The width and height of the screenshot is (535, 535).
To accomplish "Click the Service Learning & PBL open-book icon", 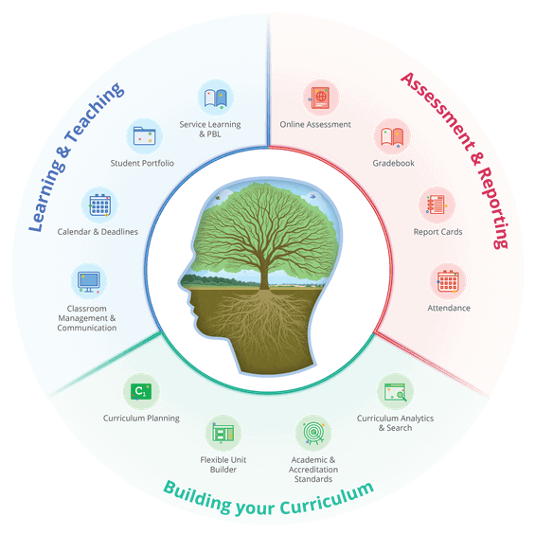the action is (x=216, y=98).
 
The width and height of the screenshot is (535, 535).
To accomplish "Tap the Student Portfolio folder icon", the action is (x=144, y=136).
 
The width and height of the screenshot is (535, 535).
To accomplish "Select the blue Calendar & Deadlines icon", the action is (x=99, y=205).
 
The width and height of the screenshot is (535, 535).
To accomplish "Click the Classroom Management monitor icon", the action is (x=89, y=281).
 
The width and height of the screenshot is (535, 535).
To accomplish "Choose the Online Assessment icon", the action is (x=321, y=98).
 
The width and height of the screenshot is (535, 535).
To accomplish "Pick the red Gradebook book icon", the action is (x=392, y=136).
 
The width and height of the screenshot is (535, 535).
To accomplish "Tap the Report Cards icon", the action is (x=437, y=205).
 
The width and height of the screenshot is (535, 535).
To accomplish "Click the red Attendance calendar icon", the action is (x=448, y=281).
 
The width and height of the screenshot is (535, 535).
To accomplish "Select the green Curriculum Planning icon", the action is (x=141, y=391).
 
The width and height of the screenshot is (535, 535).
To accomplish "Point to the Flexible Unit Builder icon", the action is (x=223, y=433).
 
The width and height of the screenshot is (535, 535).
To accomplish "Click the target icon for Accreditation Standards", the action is (x=313, y=433).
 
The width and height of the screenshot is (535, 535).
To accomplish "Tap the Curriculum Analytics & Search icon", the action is (x=395, y=391).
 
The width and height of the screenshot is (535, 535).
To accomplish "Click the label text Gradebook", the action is (x=393, y=163).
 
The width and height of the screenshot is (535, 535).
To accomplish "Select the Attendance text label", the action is (x=449, y=308).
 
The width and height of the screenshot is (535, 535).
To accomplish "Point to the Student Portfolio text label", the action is (x=142, y=163).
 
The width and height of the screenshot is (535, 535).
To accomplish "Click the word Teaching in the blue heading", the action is (x=95, y=112).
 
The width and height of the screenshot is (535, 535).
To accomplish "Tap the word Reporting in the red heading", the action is (x=493, y=207).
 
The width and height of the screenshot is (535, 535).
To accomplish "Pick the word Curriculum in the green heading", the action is (x=328, y=499).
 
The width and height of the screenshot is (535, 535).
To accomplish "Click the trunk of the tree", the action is (x=264, y=273).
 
